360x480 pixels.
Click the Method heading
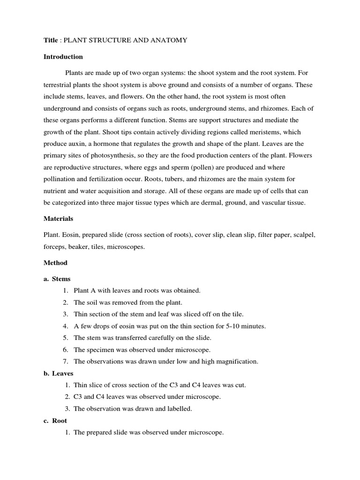[55, 262]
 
